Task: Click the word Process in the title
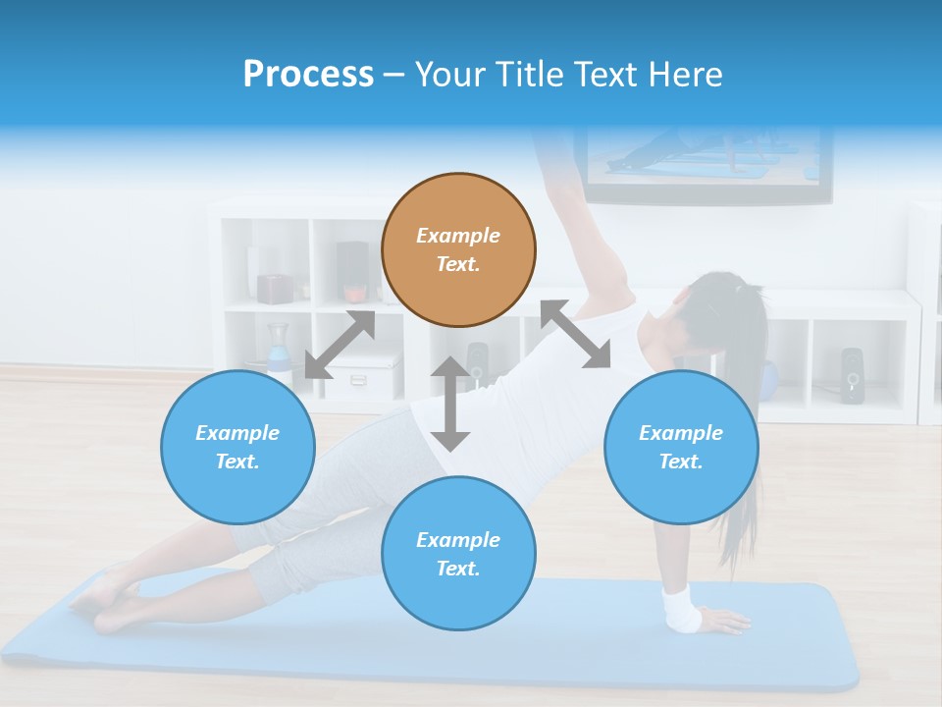(308, 75)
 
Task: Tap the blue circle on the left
(237, 447)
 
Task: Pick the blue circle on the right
(681, 447)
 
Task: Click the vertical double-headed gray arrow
(450, 405)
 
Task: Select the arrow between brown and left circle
(340, 345)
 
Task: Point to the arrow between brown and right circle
(575, 334)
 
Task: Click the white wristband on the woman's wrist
(681, 610)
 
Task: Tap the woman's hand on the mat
(724, 621)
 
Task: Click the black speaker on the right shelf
(852, 374)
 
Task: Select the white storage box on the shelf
(360, 380)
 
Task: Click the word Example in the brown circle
(458, 236)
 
